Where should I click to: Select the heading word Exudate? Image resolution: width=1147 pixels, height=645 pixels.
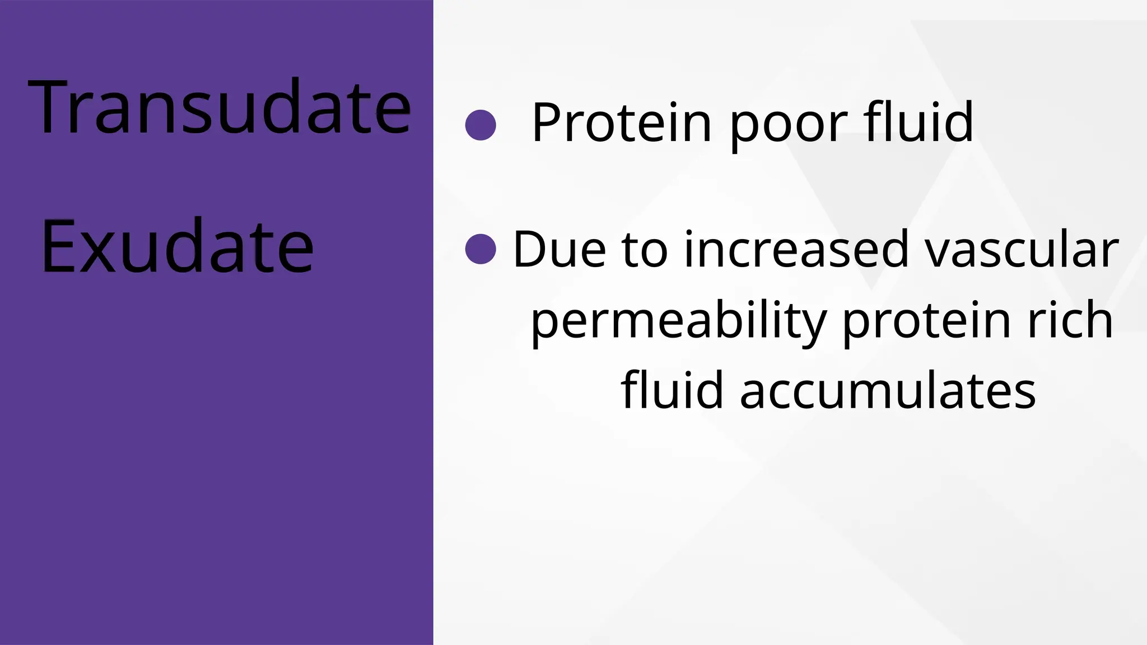tap(177, 246)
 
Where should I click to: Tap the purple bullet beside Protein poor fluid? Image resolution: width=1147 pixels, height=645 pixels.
tap(481, 124)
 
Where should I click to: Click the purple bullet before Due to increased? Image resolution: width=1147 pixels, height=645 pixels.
tap(481, 249)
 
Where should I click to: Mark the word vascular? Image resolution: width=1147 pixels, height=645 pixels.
tap(1022, 250)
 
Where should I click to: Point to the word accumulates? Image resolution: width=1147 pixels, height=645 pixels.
tap(888, 390)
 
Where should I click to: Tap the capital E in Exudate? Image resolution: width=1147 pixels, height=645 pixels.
tap(58, 246)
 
